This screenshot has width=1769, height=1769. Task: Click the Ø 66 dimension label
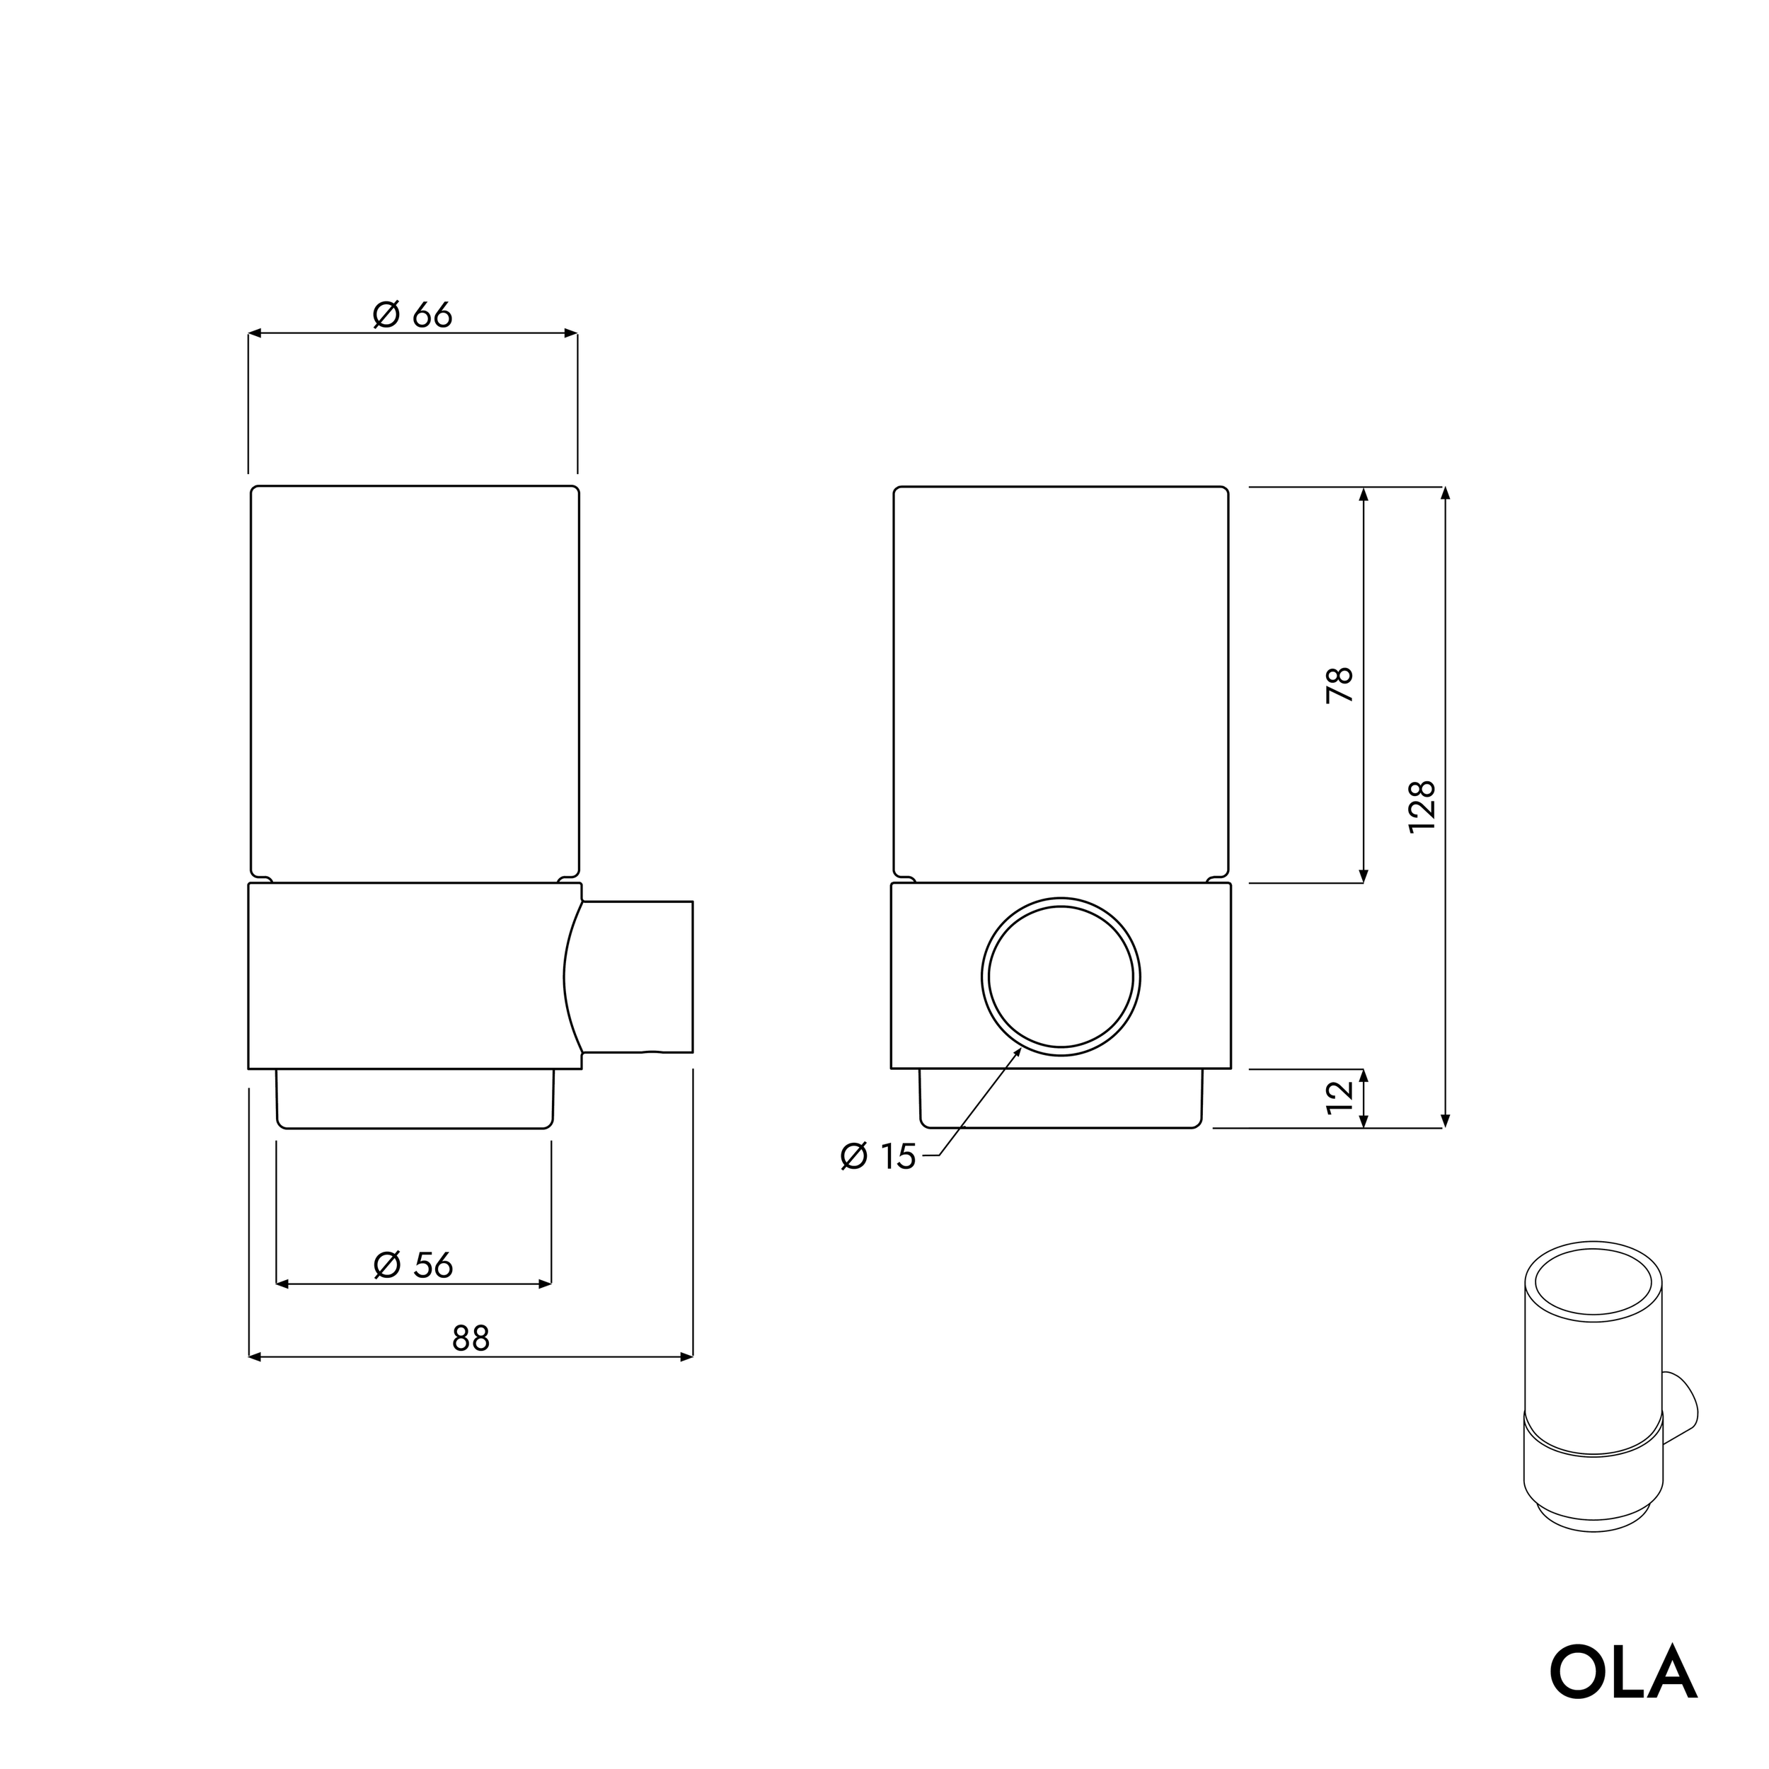[x=413, y=315]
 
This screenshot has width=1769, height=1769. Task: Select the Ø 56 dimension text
[x=414, y=1265]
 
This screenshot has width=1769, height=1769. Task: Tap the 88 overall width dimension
[x=471, y=1339]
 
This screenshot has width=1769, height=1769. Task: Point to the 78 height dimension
[x=1339, y=685]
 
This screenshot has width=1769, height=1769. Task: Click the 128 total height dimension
[x=1421, y=806]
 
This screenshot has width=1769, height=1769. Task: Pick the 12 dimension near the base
[x=1339, y=1096]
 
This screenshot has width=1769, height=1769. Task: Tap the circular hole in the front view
[x=1061, y=977]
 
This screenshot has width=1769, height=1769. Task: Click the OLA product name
[x=1623, y=1673]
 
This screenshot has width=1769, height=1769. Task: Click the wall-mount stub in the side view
[x=639, y=977]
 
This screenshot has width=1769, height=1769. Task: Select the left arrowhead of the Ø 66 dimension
[x=255, y=333]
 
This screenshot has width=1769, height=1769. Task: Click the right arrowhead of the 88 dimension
[x=686, y=1357]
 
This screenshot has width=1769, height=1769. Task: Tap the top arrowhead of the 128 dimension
[x=1445, y=493]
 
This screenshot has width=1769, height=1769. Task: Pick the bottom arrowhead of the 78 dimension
[x=1364, y=876]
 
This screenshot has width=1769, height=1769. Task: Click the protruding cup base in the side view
[x=415, y=1099]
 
